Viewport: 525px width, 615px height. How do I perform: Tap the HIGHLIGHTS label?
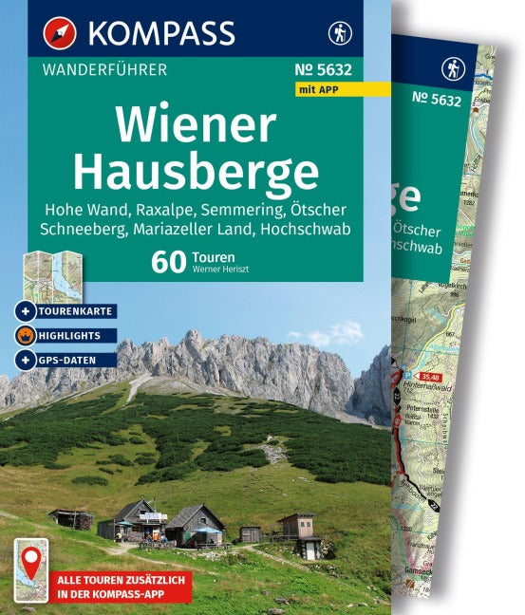(x=72, y=335)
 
